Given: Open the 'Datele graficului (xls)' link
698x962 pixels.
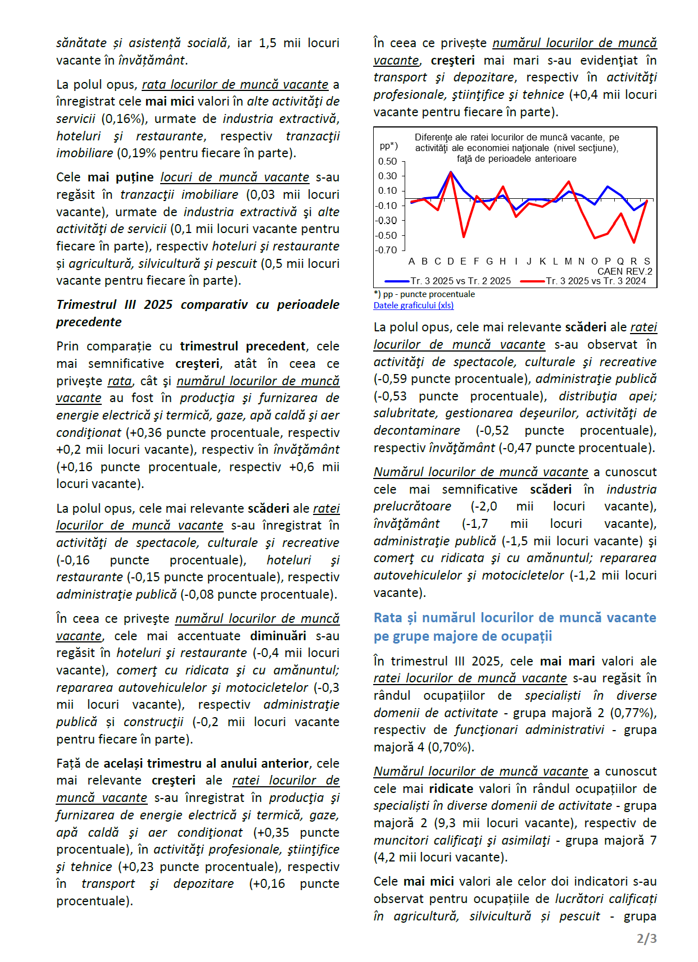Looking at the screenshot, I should point(413,306).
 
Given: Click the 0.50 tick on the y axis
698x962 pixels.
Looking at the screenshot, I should point(387,161).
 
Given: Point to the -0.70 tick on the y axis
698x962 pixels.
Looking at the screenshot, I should point(386,250).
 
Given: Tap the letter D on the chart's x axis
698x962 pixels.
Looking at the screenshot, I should point(450,261).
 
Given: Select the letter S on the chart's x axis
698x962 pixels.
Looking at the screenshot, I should point(647,261).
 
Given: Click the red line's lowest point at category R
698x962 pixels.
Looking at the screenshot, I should point(634,243).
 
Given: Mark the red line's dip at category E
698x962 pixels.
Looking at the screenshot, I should point(464,237).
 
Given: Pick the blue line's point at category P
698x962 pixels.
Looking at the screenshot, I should point(608,186).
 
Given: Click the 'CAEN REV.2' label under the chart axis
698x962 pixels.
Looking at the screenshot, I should point(624,271).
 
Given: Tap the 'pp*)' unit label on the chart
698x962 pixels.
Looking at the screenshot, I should point(389,146).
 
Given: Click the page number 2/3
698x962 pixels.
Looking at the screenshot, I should point(646,938).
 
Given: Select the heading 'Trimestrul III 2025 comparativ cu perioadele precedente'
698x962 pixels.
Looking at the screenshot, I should point(198,313).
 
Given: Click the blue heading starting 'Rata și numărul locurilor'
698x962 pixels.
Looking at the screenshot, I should point(515,627).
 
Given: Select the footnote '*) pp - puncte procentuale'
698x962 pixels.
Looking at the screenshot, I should point(424,294).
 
